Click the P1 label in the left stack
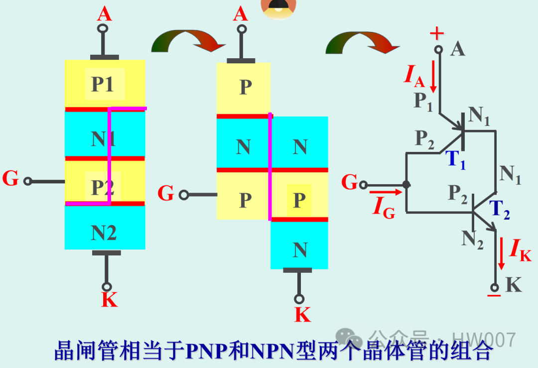coord(103,85)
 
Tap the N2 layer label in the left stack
coord(104,233)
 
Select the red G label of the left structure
coord(10,178)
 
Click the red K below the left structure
coord(109,300)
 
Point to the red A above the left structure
coord(104,14)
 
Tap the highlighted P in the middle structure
coord(299,200)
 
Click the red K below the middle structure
coord(302,315)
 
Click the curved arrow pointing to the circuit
coord(362,43)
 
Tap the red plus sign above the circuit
coord(436,34)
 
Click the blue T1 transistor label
coord(456,160)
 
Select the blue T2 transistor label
coord(500,210)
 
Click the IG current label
coord(384,208)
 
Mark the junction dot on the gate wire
coord(406,184)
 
